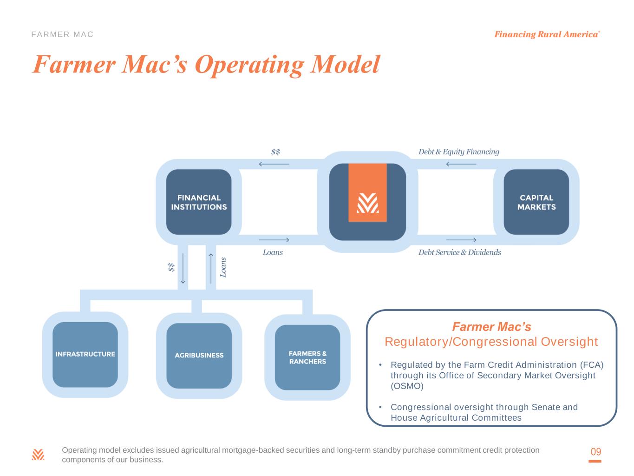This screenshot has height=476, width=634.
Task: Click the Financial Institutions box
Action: point(199,202)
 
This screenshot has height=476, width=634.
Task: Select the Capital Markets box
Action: point(536,202)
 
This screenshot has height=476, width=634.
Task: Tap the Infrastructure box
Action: point(85,354)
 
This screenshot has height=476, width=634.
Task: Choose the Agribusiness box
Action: point(199,356)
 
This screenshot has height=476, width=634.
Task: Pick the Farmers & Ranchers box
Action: point(307,357)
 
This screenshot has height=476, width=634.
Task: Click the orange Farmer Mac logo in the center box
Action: point(367,193)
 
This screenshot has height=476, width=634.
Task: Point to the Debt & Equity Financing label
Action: point(458,152)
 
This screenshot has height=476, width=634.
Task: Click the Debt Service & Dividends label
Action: point(459,252)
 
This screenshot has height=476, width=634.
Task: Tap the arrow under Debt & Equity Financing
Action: point(461,164)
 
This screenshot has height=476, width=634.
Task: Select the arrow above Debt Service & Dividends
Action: point(461,240)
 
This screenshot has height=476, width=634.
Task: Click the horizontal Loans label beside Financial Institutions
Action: point(273,252)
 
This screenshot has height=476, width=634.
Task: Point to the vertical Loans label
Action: point(223,267)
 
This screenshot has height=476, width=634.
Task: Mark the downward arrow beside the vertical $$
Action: point(183,268)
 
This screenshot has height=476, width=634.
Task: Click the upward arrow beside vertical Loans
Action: point(211,268)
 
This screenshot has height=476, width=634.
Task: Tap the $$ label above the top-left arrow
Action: point(275,152)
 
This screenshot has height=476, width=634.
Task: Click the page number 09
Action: point(595,452)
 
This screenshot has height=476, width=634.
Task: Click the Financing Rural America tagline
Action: point(547,34)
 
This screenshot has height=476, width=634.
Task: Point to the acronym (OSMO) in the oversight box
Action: point(407,386)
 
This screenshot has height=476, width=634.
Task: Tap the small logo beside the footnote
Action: point(38,455)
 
